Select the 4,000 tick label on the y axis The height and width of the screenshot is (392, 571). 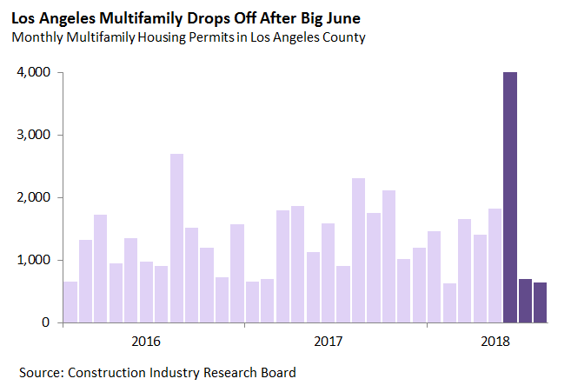pos(33,73)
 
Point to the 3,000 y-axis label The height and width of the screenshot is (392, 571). pos(33,136)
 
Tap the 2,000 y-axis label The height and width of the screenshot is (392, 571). pos(33,198)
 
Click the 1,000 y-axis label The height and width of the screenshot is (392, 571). pos(33,261)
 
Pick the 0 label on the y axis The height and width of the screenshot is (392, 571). pos(46,322)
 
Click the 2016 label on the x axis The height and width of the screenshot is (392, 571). pos(146,340)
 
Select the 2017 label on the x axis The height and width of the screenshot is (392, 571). pos(329,340)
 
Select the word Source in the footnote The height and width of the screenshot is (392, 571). pos(40,373)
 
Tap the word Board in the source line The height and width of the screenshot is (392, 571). pos(276,373)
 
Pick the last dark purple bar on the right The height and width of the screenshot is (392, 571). pos(541,302)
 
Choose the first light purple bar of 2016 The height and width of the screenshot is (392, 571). pos(70,302)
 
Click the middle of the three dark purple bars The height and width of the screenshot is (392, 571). pos(525,301)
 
